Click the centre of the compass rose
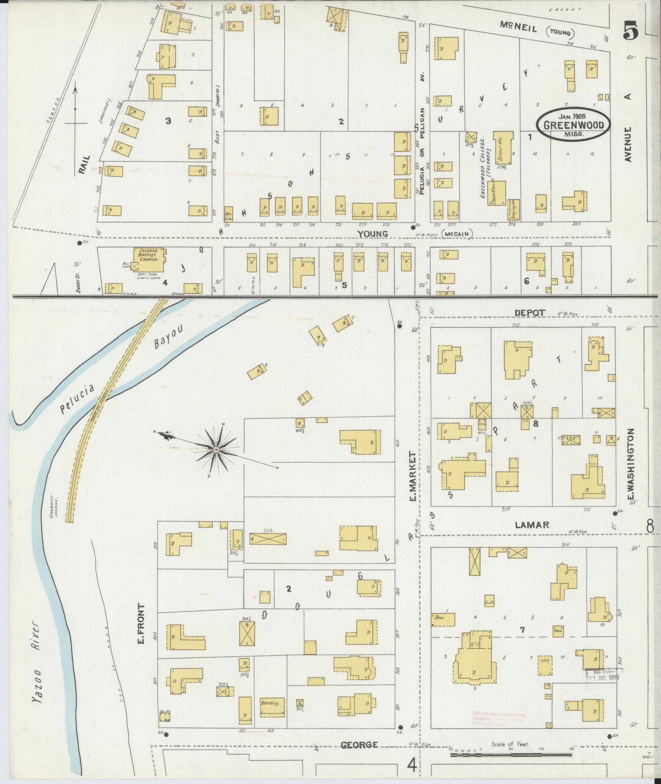coord(216,450)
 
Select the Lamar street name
coord(531,525)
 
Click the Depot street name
coord(530,312)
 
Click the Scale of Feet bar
coord(510,754)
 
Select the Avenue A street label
coord(629,127)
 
